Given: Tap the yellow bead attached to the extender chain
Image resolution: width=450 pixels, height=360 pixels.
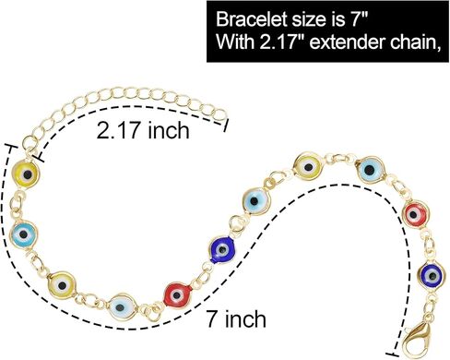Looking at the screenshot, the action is (x=29, y=174).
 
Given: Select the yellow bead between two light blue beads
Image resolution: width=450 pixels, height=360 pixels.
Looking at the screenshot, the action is (x=308, y=168).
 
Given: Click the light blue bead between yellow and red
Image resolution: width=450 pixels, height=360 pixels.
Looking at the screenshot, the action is (x=371, y=170).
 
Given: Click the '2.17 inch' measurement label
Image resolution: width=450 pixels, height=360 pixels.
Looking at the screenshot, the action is (x=144, y=130).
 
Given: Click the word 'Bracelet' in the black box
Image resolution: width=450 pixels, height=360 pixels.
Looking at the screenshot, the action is (x=248, y=18).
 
